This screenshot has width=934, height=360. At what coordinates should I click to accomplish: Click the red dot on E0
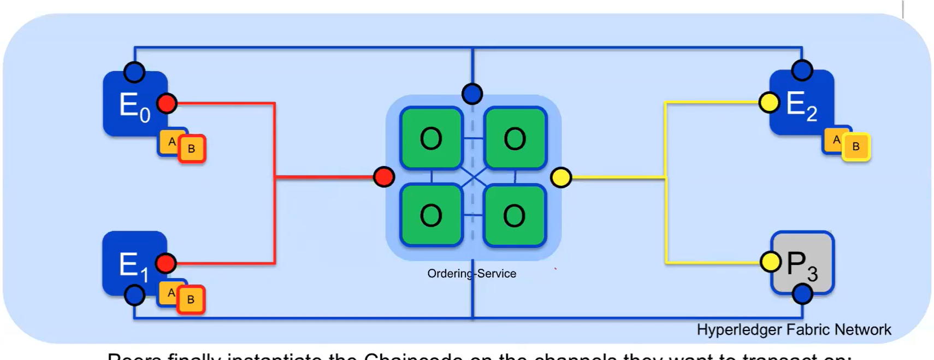click(167, 103)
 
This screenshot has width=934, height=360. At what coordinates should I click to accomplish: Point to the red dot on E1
click(165, 263)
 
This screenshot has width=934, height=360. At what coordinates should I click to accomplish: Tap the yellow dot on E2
click(769, 102)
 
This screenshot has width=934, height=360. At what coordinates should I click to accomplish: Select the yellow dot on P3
click(770, 262)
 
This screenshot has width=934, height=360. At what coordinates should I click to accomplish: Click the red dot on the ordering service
click(384, 177)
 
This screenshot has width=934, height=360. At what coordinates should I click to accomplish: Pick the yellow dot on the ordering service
click(561, 178)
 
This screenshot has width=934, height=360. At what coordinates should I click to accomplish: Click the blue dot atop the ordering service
click(472, 93)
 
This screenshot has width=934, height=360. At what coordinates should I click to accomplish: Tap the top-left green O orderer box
click(431, 139)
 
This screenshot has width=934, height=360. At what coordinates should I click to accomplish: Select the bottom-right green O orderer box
click(515, 216)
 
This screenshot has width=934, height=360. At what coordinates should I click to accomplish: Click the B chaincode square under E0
click(192, 149)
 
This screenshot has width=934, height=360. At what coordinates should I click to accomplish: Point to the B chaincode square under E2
click(856, 146)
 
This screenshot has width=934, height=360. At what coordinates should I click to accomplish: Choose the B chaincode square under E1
click(191, 299)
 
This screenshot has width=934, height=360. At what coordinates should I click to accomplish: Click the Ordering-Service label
click(471, 274)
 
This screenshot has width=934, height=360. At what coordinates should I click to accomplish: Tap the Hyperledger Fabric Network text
click(794, 330)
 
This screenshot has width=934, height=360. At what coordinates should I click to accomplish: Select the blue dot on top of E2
click(802, 70)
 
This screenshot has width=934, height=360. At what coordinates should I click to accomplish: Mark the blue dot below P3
click(802, 294)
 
